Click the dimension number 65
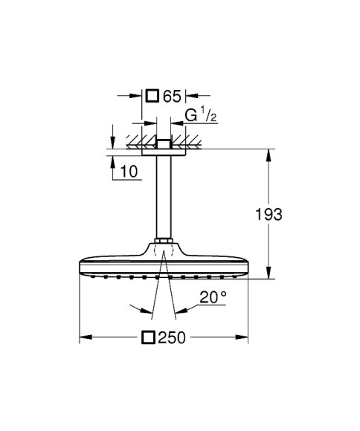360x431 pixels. (x=172, y=95)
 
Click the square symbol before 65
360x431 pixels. (x=152, y=95)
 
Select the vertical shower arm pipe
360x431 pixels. (x=163, y=197)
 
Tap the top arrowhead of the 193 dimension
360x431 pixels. (x=269, y=154)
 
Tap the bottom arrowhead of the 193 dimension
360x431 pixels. (x=269, y=275)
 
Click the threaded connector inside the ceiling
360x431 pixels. (x=163, y=142)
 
